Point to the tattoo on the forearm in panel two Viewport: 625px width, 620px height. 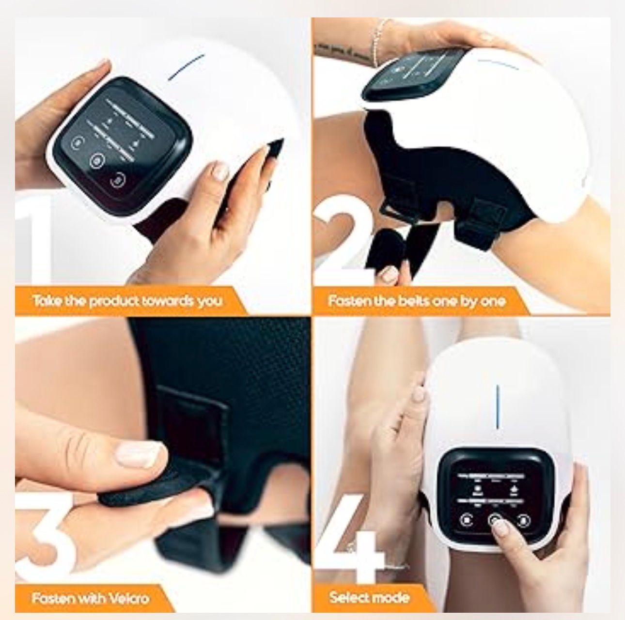tap(339, 48)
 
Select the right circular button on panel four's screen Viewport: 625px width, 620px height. tap(523, 520)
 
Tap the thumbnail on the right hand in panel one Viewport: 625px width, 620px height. tap(221, 171)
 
